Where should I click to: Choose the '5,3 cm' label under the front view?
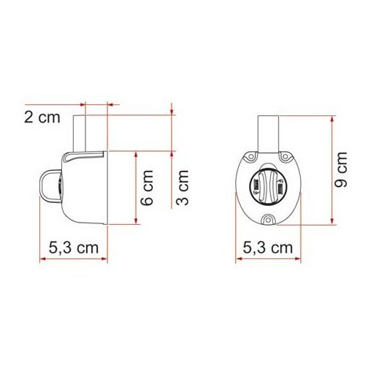(x=267, y=247)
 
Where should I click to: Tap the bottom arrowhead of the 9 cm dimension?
(x=332, y=223)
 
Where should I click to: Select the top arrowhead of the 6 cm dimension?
(x=137, y=156)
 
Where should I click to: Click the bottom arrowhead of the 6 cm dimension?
(x=137, y=225)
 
